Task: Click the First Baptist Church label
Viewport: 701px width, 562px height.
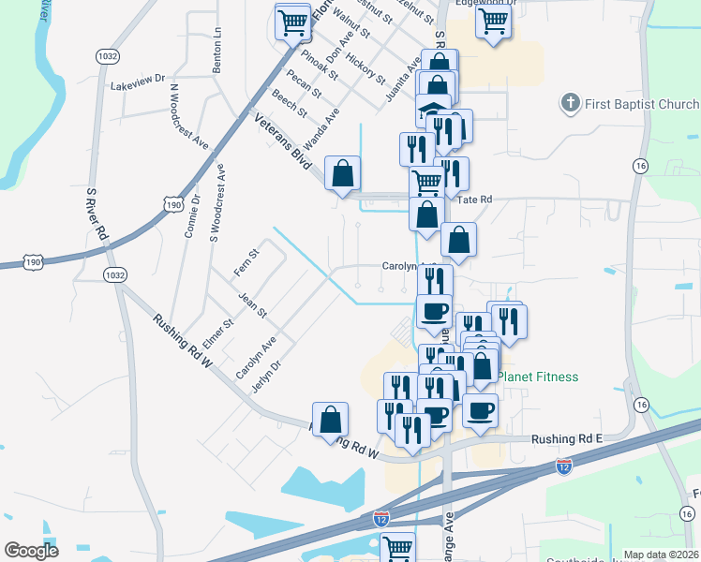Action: click(642, 103)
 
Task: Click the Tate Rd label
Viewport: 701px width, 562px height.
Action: click(474, 200)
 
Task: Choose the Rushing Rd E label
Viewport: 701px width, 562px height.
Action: click(565, 438)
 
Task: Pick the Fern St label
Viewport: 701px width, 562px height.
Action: click(251, 257)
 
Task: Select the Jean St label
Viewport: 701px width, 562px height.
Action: click(253, 304)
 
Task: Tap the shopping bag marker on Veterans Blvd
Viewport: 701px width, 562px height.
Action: click(342, 172)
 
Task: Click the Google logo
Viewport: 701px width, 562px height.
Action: click(32, 551)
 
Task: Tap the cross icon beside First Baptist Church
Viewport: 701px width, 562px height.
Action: click(570, 103)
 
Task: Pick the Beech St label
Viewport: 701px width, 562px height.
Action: click(290, 104)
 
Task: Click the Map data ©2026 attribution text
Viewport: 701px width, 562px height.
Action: click(661, 555)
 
